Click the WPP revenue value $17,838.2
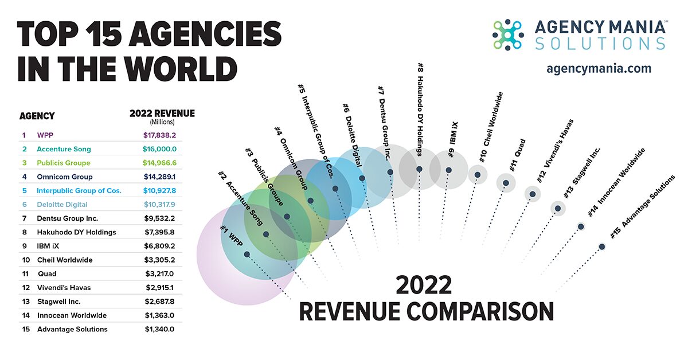pos(159,135)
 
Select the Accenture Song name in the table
pos(64,149)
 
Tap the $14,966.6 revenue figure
pos(159,163)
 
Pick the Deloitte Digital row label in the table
pos(62,205)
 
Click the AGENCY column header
pos(37,116)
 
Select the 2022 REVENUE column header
pos(162,114)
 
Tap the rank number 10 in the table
pos(25,260)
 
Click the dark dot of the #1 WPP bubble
pos(247,254)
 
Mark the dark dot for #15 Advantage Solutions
pos(601,246)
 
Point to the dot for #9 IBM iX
pos(448,170)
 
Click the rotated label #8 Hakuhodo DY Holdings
pos(420,109)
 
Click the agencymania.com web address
pos(599,68)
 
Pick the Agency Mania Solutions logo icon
pos(508,34)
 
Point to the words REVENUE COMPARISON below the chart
pos(427,311)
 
